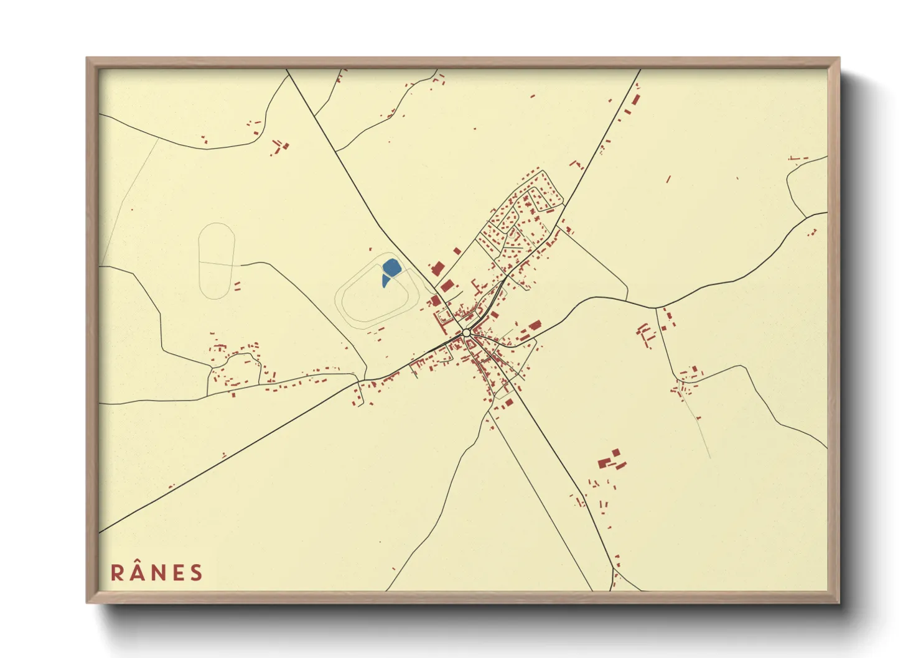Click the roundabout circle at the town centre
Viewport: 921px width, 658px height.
pos(467,333)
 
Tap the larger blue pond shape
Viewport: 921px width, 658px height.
pos(391,268)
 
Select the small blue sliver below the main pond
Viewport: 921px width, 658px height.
pos(385,282)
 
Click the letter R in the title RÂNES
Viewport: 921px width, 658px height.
pos(117,573)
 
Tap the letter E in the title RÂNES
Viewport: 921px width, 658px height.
pos(177,573)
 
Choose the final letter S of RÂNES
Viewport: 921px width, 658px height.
pos(197,573)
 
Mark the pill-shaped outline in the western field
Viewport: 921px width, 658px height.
pos(216,261)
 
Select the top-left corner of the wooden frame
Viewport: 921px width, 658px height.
pos(88,59)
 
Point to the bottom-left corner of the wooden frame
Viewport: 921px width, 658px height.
pos(88,601)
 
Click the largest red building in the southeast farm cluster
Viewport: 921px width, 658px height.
pos(603,463)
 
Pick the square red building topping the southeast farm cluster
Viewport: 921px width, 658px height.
pos(616,452)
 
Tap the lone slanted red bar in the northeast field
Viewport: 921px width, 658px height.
pos(668,179)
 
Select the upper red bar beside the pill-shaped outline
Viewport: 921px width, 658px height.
pos(237,284)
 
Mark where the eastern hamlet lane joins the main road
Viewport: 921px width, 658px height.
pos(656,307)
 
